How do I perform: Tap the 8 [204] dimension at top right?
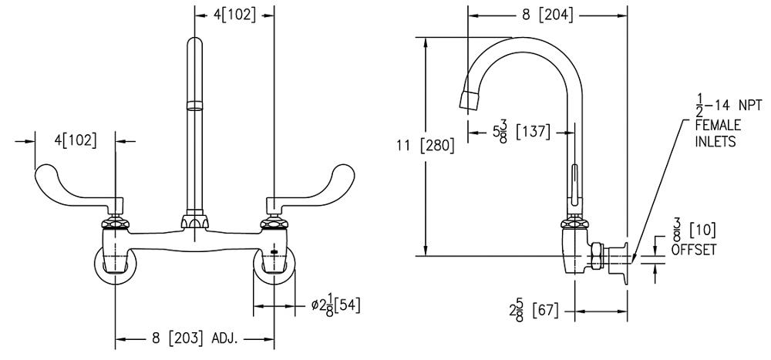click(547, 15)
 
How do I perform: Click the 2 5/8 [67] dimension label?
click(530, 311)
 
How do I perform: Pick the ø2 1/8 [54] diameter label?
click(335, 305)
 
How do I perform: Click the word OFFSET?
click(694, 251)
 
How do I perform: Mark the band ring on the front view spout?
click(194, 105)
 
